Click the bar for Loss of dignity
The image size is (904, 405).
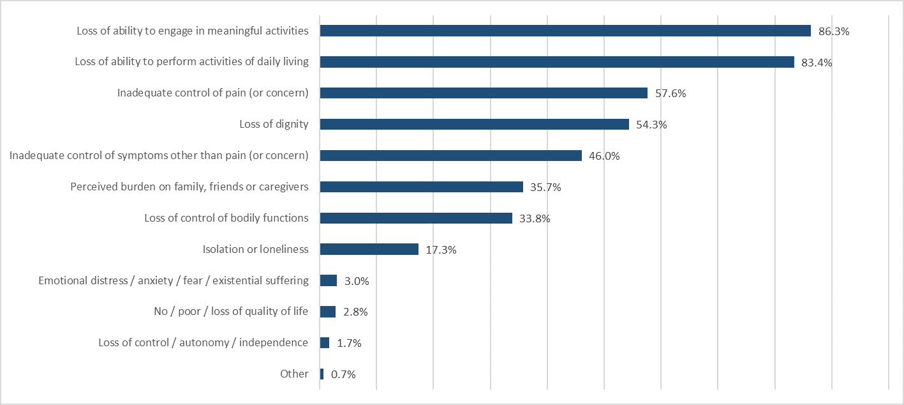pos(474,125)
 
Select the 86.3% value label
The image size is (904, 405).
pos(834,31)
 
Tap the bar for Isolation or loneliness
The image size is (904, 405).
pos(369,249)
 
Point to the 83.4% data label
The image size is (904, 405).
pos(817,63)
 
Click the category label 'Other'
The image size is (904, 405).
pos(294,374)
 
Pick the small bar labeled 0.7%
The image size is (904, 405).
pos(322,374)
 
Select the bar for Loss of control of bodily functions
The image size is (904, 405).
pos(416,218)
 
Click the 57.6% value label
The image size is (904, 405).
pos(671,94)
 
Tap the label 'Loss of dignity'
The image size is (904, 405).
pos(274,125)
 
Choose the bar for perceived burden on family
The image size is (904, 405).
pos(421,187)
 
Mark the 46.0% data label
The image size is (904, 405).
pos(604,156)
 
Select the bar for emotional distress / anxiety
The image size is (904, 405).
pos(328,280)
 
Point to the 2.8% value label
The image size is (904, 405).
pos(355,312)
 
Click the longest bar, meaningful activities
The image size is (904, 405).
pos(565,31)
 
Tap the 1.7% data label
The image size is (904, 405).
pos(349,343)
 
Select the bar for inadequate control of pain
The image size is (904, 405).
pos(484,93)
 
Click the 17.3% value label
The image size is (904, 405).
pos(441,250)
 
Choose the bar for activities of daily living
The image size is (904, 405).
pos(556,62)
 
